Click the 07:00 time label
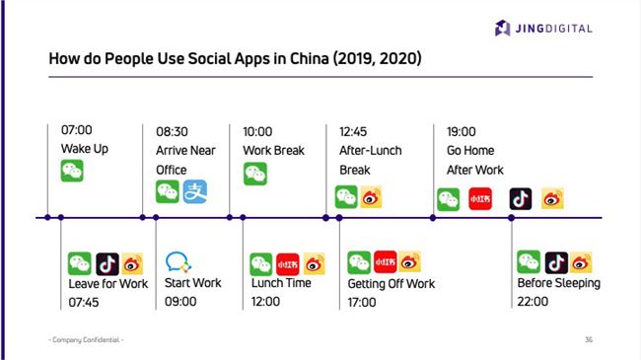[x=76, y=130]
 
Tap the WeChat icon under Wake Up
[x=72, y=171]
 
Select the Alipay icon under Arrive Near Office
[x=195, y=191]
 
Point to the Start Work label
[x=193, y=283]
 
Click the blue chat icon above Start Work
[x=178, y=262]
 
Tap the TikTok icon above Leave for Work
[x=107, y=263]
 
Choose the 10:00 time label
[x=258, y=130]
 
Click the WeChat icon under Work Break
[x=255, y=174]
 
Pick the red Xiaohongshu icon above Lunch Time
[x=288, y=263]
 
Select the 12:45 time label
[x=354, y=130]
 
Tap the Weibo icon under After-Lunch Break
[x=371, y=197]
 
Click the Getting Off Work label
[x=391, y=283]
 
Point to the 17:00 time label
[x=362, y=302]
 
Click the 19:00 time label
[x=461, y=130]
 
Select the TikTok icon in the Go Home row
[x=521, y=198]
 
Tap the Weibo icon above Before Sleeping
[x=582, y=262]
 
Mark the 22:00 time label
[x=533, y=302]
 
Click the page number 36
[x=588, y=339]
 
